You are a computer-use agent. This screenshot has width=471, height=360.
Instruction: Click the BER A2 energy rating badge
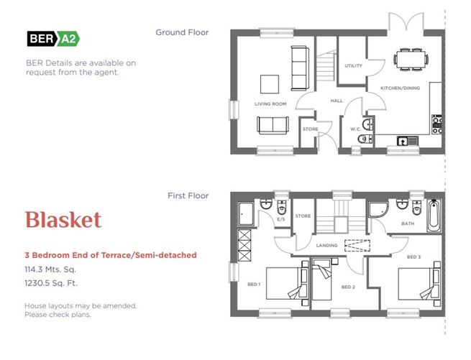tap(53, 39)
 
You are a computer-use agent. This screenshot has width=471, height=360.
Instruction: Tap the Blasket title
tap(63, 220)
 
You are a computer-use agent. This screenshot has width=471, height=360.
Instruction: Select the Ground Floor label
tap(182, 32)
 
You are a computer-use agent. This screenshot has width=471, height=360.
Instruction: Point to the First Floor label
tap(188, 195)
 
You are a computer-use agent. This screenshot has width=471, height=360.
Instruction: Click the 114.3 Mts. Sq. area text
tap(50, 269)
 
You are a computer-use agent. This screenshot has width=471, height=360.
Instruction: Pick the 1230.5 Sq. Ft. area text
tap(51, 283)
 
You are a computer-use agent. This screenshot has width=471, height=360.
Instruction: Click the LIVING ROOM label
tap(270, 104)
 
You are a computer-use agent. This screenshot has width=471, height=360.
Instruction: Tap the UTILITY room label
tap(353, 65)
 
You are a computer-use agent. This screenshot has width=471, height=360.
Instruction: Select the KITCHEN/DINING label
tap(400, 88)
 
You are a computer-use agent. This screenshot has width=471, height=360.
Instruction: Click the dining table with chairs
tap(411, 60)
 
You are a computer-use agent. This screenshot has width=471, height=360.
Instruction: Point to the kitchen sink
tap(407, 141)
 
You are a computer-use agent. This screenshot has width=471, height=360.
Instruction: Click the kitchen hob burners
tap(436, 124)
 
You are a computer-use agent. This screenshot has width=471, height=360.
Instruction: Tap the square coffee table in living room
tap(270, 84)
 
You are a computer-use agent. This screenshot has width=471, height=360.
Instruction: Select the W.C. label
tap(355, 129)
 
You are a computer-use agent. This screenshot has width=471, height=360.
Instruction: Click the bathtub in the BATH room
tap(434, 216)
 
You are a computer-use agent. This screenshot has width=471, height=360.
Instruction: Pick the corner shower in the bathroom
tap(378, 210)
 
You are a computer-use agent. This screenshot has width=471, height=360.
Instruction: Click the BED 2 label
tap(348, 287)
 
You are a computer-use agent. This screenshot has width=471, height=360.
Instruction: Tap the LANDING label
tap(326, 245)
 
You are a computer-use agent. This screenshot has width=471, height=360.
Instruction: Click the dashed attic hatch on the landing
tap(357, 246)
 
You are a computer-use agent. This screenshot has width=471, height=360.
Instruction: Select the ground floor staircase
tap(326, 66)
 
